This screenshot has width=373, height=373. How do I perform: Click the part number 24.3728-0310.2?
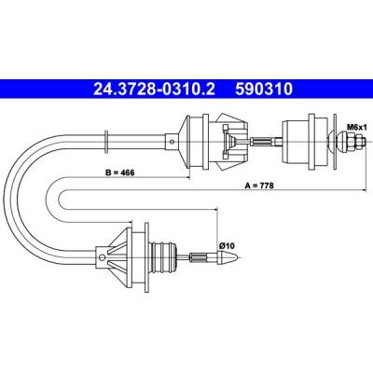click(x=154, y=90)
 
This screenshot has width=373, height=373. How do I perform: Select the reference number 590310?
click(x=264, y=90)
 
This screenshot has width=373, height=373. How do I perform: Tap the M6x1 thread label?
click(x=357, y=127)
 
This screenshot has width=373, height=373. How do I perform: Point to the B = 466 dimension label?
click(x=119, y=173)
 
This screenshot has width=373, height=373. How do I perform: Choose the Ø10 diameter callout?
click(x=227, y=245)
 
